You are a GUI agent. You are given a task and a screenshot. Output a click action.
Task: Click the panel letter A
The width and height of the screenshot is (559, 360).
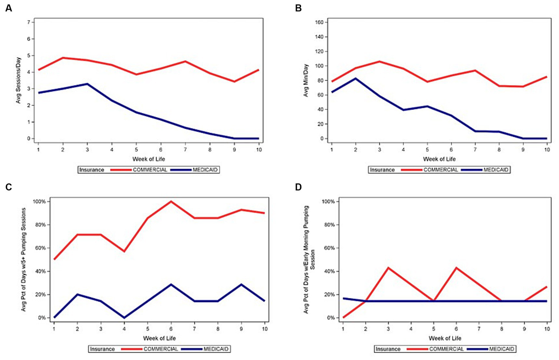[8, 8]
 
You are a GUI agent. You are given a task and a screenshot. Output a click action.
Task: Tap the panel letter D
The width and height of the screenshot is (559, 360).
[298, 187]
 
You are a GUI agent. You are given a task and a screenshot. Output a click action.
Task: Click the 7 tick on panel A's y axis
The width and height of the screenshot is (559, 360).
[28, 22]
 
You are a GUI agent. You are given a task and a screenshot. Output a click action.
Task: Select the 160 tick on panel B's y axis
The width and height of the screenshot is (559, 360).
[319, 22]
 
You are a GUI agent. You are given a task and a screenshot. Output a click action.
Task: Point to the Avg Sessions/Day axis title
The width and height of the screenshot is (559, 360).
[19, 80]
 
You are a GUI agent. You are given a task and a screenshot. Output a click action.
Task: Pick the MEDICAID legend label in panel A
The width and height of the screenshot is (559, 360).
[205, 170]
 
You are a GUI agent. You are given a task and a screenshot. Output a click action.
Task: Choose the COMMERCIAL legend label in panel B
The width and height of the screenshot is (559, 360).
[441, 170]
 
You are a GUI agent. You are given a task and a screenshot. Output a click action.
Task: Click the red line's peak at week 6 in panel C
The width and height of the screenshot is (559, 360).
[171, 201]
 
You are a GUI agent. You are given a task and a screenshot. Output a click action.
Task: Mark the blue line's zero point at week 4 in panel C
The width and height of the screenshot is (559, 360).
[124, 318]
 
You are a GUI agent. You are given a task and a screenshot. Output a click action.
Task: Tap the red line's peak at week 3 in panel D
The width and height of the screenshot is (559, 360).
[389, 268]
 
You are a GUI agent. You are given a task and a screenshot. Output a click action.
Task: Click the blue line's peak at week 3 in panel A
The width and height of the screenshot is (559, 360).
[87, 84]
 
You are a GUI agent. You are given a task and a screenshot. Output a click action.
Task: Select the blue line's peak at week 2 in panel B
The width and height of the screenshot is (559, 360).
[355, 78]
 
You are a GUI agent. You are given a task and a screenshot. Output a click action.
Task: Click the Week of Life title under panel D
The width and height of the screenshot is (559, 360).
[445, 338]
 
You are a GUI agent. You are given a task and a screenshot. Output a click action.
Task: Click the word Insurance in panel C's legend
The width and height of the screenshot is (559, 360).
[102, 349]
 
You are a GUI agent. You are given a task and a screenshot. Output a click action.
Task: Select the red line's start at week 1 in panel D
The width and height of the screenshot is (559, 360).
[343, 318]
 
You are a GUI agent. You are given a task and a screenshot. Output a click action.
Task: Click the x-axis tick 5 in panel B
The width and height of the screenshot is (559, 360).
[427, 149]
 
